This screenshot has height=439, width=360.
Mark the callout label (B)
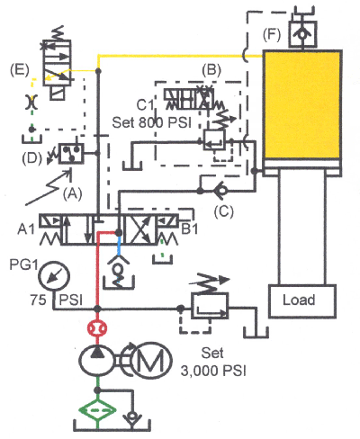click(x=212, y=68)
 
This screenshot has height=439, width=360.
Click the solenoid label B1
click(x=191, y=228)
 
